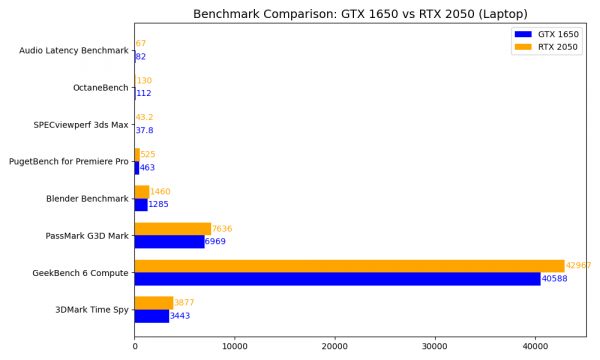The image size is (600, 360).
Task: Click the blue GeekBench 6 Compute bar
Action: tap(337, 278)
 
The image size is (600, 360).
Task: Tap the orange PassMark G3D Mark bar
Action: tap(172, 229)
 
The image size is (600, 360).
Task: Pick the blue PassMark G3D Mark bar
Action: tap(169, 241)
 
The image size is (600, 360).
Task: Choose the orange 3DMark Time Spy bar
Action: tap(154, 303)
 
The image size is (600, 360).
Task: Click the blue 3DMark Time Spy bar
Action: tap(152, 315)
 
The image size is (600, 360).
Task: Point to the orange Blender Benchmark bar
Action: tap(142, 192)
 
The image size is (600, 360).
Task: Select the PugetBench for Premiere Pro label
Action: tap(69, 162)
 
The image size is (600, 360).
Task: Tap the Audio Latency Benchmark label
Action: tap(74, 51)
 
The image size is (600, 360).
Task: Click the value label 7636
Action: tap(222, 229)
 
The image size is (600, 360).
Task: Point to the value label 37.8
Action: tap(144, 131)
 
